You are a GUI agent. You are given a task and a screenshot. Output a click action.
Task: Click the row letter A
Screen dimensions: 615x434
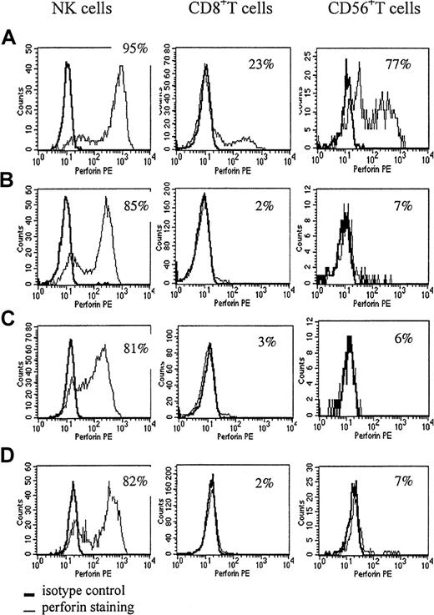pos(8,38)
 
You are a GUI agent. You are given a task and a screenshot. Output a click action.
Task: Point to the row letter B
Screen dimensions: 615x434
pos(8,178)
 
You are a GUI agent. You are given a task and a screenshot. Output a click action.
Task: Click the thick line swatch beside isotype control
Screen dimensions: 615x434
pos(30,592)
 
